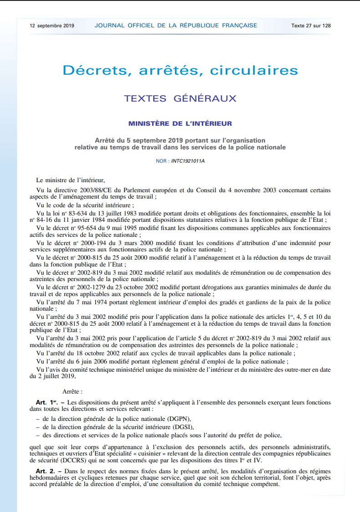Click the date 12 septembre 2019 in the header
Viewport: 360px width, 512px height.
click(52, 26)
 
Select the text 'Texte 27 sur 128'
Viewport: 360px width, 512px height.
click(311, 26)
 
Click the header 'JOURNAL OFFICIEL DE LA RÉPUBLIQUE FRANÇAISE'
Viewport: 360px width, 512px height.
click(176, 26)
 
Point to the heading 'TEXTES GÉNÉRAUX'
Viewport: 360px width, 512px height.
click(180, 98)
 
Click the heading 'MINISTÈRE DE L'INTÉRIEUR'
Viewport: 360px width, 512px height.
click(180, 123)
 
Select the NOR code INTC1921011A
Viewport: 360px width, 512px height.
click(188, 161)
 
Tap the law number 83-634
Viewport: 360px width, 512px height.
click(82, 213)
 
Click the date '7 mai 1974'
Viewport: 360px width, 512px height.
click(95, 302)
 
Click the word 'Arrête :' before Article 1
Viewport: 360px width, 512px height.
click(72, 391)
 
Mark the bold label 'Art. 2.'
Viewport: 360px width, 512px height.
click(46, 470)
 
